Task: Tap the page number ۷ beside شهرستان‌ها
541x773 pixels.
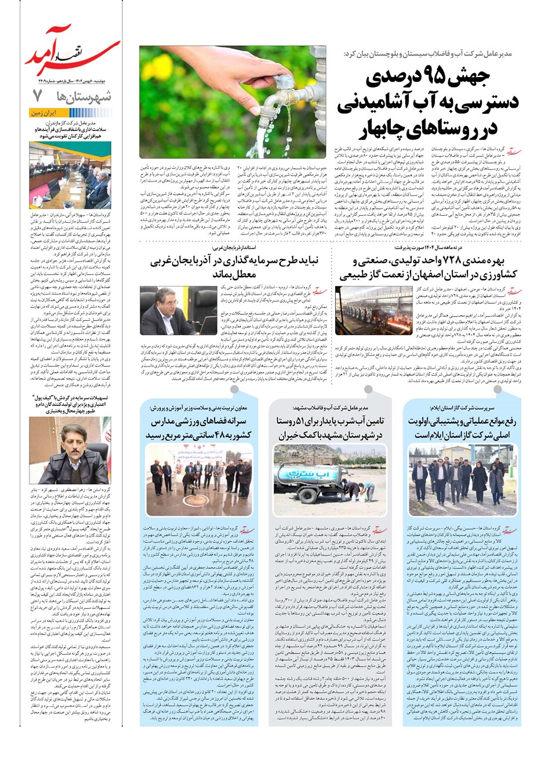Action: pos(38,95)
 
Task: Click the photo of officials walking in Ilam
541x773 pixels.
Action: pos(461,481)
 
